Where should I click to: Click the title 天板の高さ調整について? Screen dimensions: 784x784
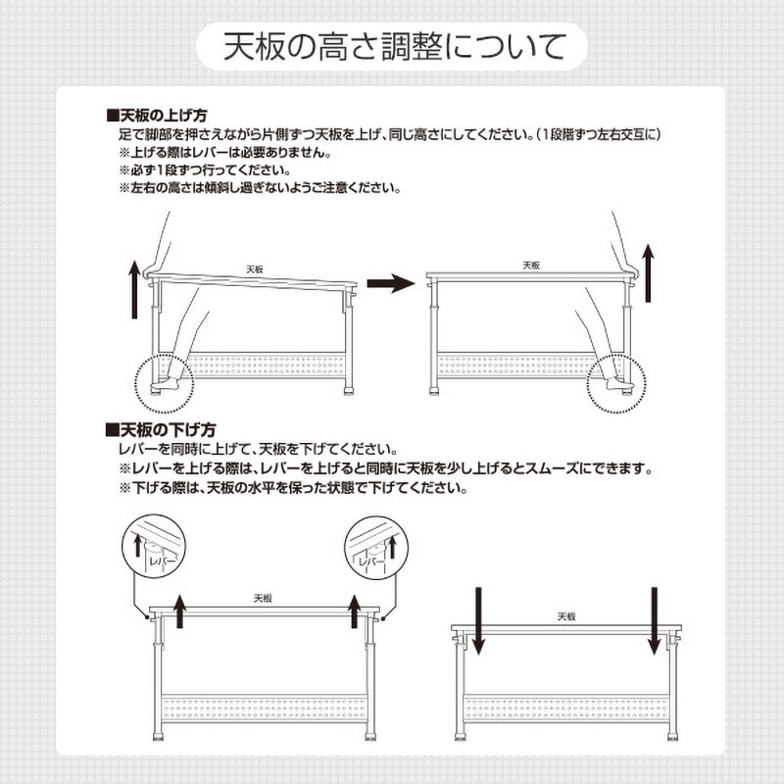coord(392,46)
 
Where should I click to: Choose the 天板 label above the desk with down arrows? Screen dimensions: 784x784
coord(566,616)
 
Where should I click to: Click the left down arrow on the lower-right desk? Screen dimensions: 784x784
coord(478,620)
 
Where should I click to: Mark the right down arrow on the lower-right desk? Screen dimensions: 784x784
coord(653,620)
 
